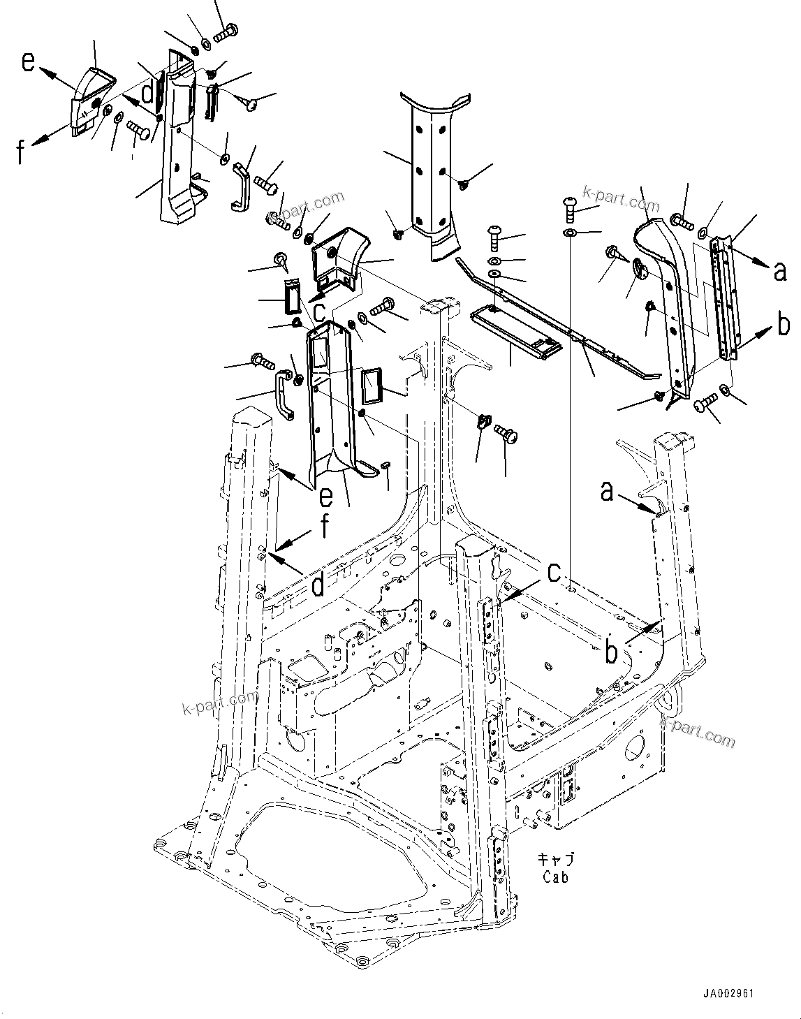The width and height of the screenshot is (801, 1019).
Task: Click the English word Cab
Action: click(555, 877)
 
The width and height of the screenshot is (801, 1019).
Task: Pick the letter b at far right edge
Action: click(784, 325)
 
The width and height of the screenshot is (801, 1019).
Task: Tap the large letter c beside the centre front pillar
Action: click(554, 573)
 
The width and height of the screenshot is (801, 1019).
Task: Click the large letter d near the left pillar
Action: click(317, 585)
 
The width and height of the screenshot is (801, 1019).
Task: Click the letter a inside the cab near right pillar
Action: click(608, 492)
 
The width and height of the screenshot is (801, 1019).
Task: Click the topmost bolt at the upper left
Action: click(228, 31)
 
